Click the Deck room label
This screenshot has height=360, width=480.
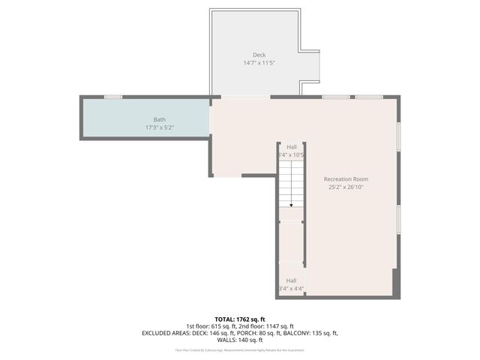point(259,55)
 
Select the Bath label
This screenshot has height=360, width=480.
point(160,119)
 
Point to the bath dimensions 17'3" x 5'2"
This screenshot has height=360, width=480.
point(160,127)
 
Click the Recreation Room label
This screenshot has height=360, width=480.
point(346,179)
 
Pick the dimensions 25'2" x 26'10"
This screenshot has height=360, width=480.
point(346,187)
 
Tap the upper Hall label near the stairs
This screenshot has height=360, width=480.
point(291,147)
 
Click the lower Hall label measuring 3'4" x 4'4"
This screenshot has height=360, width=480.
point(291,280)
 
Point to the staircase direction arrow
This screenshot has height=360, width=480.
point(291,203)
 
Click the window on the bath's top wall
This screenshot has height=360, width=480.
point(113,96)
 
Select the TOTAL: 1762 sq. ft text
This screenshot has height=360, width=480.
point(240,319)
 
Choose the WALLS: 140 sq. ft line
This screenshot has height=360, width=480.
point(240,340)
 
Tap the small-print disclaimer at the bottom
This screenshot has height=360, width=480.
point(240,349)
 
